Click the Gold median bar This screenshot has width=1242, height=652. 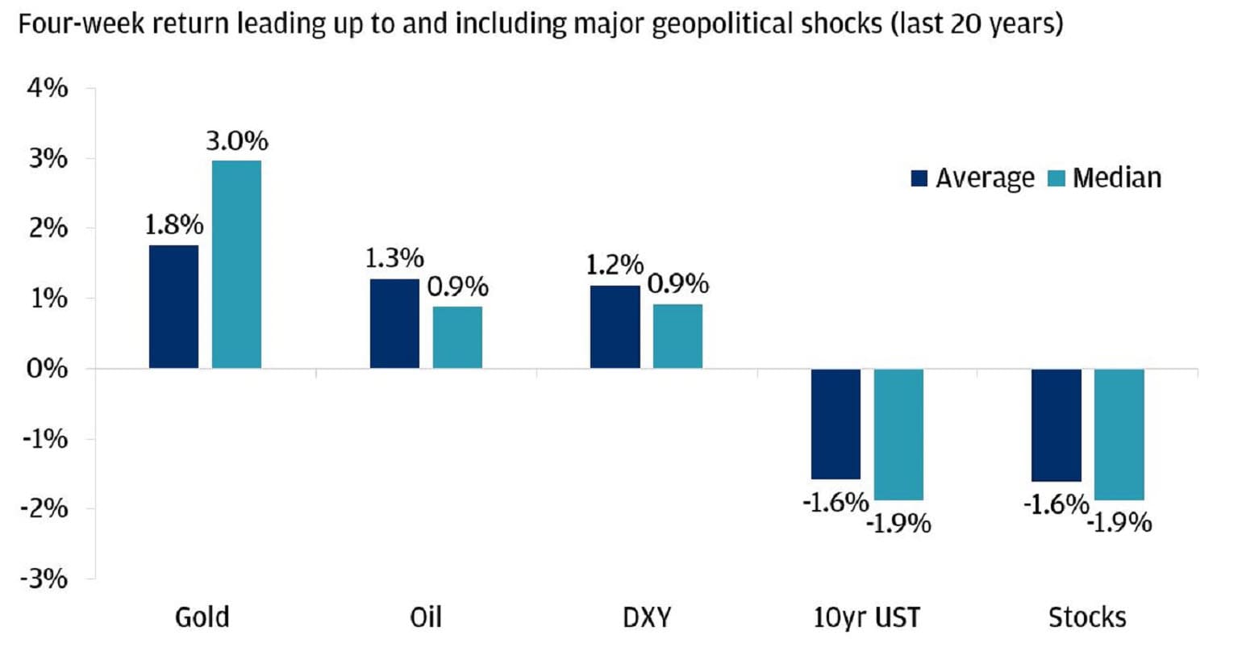pyautogui.click(x=236, y=265)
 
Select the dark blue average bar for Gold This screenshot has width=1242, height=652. pyautogui.click(x=173, y=307)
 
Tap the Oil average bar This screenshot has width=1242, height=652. pyautogui.click(x=394, y=324)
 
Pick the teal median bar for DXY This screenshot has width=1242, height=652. pyautogui.click(x=677, y=336)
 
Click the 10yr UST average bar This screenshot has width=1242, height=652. pyautogui.click(x=836, y=424)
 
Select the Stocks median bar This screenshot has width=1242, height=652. pyautogui.click(x=1119, y=434)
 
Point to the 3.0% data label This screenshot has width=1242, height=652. pyautogui.click(x=236, y=141)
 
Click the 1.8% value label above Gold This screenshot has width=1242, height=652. pyautogui.click(x=173, y=225)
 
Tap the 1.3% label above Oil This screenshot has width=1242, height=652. pyautogui.click(x=394, y=259)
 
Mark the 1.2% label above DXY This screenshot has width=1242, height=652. pyautogui.click(x=615, y=265)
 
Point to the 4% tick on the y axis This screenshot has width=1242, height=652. pyautogui.click(x=49, y=89)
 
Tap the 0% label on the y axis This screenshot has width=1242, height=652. pyautogui.click(x=49, y=369)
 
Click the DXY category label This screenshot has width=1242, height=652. pyautogui.click(x=646, y=618)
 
